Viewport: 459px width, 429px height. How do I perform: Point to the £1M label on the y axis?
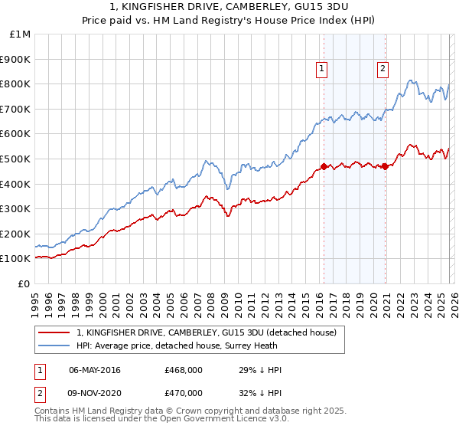21,34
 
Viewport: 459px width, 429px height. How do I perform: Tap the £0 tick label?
24,283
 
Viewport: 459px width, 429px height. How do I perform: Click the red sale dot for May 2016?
324,166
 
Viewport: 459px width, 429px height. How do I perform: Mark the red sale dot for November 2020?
385,166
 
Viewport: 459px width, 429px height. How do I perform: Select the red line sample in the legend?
54,332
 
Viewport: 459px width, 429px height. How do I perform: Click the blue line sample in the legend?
54,345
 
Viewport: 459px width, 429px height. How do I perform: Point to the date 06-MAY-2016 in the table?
94,370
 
